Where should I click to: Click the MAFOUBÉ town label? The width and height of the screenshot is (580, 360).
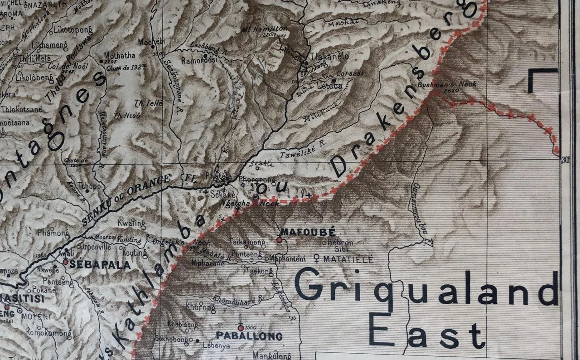click(x=308, y=233)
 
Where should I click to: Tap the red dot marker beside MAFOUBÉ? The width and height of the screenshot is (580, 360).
click(x=279, y=240)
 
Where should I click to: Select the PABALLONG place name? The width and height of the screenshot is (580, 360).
click(x=249, y=336)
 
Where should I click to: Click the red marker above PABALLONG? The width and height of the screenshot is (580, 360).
click(x=241, y=327)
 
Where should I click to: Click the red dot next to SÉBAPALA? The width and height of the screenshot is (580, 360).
click(x=66, y=262)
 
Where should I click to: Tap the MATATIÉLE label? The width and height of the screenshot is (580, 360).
click(x=348, y=260)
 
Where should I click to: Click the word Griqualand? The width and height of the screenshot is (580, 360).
click(x=426, y=289)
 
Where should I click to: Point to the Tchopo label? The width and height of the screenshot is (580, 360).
click(x=89, y=185)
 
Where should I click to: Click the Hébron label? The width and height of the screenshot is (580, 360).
click(x=343, y=243)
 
